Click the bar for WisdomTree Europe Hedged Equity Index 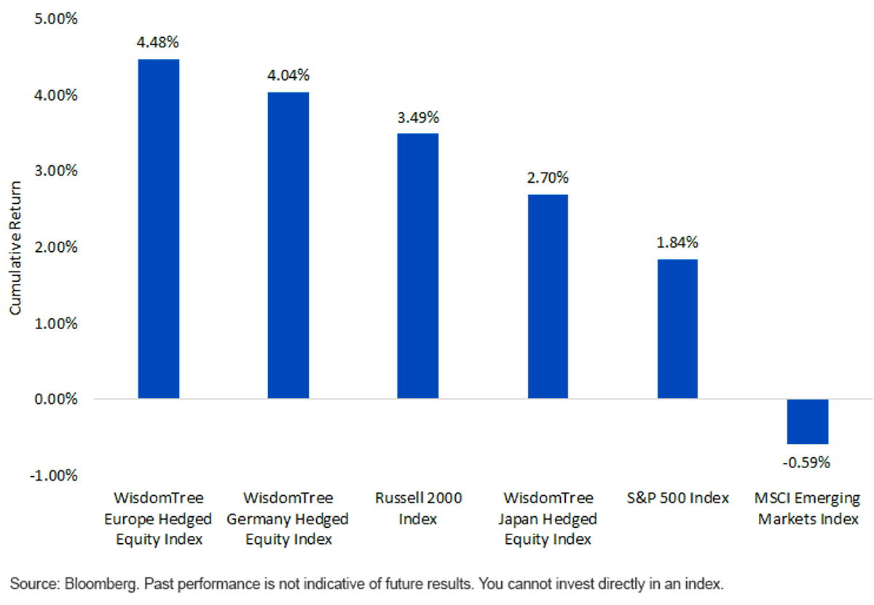click(x=159, y=229)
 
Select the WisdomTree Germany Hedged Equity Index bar click(x=288, y=245)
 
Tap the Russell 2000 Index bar click(x=418, y=266)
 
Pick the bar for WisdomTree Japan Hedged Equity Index click(x=548, y=296)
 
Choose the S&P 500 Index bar click(x=677, y=329)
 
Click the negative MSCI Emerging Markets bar click(x=808, y=422)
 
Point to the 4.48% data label click(x=157, y=42)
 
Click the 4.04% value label click(x=288, y=75)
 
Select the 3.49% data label click(x=418, y=117)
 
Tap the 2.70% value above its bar click(x=548, y=178)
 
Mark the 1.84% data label click(x=677, y=242)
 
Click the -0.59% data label click(x=806, y=462)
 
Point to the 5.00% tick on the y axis click(x=56, y=19)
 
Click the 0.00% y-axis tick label click(x=56, y=400)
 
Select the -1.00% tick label click(x=54, y=476)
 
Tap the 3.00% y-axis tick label click(x=56, y=171)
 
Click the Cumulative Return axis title click(x=15, y=248)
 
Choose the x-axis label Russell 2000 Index click(x=418, y=508)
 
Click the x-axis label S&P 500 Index click(x=678, y=498)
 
